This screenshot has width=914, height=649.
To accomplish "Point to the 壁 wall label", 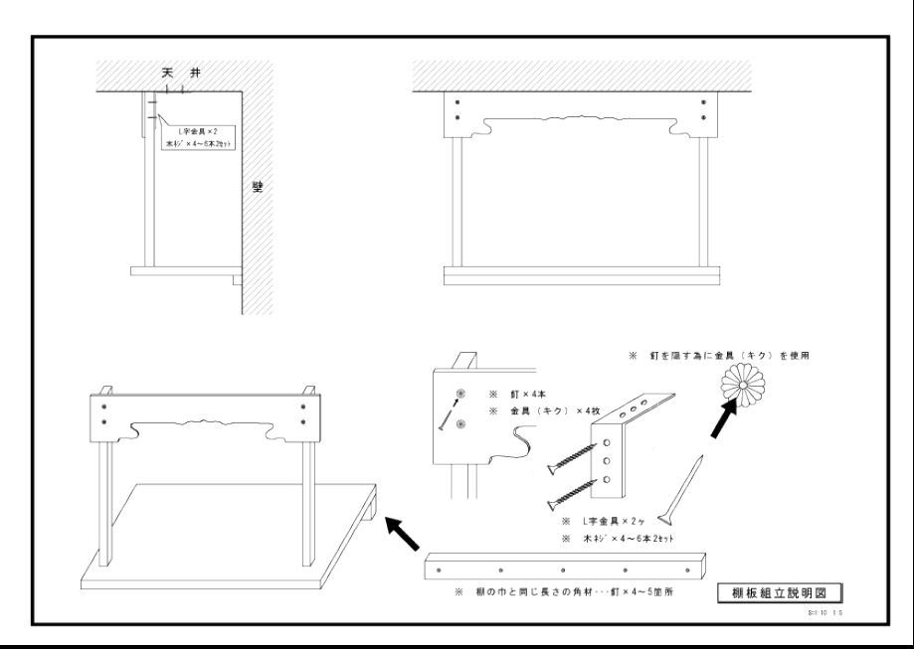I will pos(258,186).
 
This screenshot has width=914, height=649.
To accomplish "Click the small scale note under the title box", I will pos(827,614).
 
